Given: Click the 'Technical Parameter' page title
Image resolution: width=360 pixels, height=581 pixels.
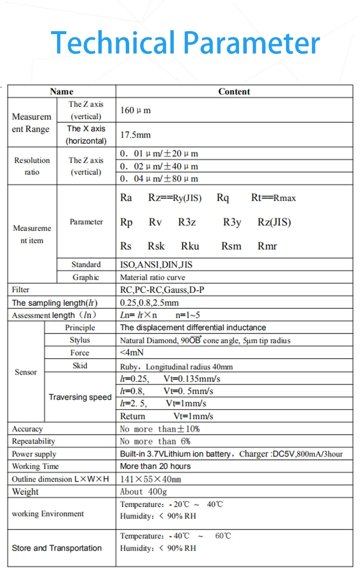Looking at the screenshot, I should [x=185, y=43].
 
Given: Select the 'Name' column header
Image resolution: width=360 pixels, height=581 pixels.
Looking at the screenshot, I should [x=62, y=92].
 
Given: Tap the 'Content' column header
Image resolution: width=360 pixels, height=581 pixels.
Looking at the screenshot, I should [x=234, y=92].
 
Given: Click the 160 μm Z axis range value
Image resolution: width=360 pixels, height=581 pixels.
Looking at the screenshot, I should [x=135, y=110].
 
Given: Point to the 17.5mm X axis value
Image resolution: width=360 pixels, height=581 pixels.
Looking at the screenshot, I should [x=135, y=135].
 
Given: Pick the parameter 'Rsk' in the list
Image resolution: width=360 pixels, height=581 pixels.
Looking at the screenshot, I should [x=156, y=246].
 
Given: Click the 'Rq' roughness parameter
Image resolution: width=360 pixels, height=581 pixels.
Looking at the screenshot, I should [x=223, y=198].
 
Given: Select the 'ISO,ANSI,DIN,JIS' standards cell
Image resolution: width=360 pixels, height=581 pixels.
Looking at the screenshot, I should [x=156, y=265].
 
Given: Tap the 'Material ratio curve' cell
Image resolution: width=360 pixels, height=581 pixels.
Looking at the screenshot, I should [x=152, y=277].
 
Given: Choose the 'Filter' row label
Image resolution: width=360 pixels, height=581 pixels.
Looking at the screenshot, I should [x=21, y=290].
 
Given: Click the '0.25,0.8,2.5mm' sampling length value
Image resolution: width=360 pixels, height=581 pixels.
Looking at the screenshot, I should [x=149, y=303].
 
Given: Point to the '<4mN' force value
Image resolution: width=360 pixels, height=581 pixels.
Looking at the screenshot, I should [x=131, y=352].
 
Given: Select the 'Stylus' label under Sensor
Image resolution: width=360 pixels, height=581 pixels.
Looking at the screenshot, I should [x=80, y=340].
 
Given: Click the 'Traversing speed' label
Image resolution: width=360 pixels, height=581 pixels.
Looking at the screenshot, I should [x=80, y=397].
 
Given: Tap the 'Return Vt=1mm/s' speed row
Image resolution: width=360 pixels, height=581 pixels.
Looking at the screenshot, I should [x=167, y=416].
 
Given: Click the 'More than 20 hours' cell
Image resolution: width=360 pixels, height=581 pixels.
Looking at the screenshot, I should [x=155, y=466].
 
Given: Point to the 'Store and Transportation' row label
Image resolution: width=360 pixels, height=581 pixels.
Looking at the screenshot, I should [x=57, y=548].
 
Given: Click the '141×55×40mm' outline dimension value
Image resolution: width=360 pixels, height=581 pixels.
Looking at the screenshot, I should [x=150, y=479].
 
